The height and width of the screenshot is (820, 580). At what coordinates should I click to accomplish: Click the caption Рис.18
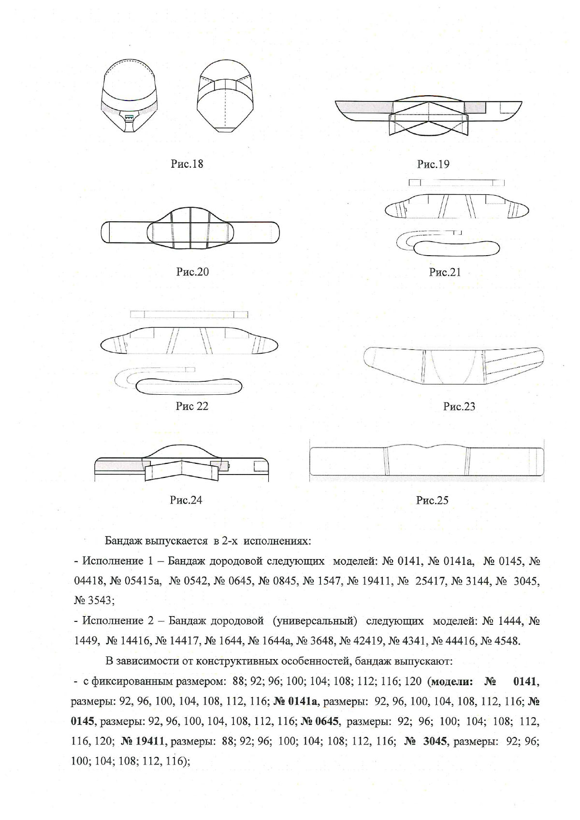(187, 164)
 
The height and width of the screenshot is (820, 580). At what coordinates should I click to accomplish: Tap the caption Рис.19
(433, 164)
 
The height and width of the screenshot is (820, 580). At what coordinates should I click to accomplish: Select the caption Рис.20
(192, 272)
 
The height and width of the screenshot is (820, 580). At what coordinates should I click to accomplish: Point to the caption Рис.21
(445, 273)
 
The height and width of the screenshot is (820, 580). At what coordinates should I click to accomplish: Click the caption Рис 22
(192, 406)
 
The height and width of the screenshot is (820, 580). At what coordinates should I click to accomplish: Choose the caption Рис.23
(459, 406)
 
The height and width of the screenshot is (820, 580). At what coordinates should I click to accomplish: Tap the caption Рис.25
(432, 501)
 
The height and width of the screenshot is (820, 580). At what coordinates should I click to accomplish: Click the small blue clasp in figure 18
(129, 117)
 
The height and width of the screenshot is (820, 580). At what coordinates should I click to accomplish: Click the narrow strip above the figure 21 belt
(456, 183)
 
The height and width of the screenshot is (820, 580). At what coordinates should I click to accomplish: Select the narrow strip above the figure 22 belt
(189, 315)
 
